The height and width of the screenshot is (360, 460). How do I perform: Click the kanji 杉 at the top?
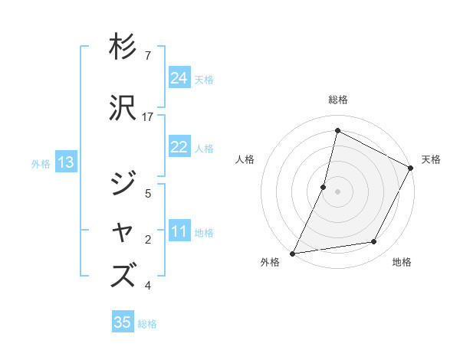click(123, 47)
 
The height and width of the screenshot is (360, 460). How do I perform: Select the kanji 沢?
click(123, 108)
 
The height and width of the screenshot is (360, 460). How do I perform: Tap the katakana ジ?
click(123, 184)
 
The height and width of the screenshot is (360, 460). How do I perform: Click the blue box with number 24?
click(179, 78)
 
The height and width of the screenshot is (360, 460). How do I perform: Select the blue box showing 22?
click(179, 148)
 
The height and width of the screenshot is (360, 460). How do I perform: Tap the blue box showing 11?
click(179, 232)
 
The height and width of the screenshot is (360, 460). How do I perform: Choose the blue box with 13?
click(65, 162)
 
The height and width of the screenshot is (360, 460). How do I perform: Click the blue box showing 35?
click(123, 322)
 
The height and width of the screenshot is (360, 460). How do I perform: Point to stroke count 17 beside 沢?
click(148, 117)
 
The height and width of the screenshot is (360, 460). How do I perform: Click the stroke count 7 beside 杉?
click(148, 56)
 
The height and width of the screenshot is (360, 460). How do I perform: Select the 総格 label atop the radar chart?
click(337, 100)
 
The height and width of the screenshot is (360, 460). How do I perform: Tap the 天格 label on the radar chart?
click(431, 159)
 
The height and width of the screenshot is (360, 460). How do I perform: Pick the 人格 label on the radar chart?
click(245, 159)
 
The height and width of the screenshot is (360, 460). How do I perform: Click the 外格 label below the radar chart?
click(270, 263)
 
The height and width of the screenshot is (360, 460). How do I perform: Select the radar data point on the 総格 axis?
click(337, 130)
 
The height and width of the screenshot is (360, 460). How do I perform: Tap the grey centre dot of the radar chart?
click(337, 191)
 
